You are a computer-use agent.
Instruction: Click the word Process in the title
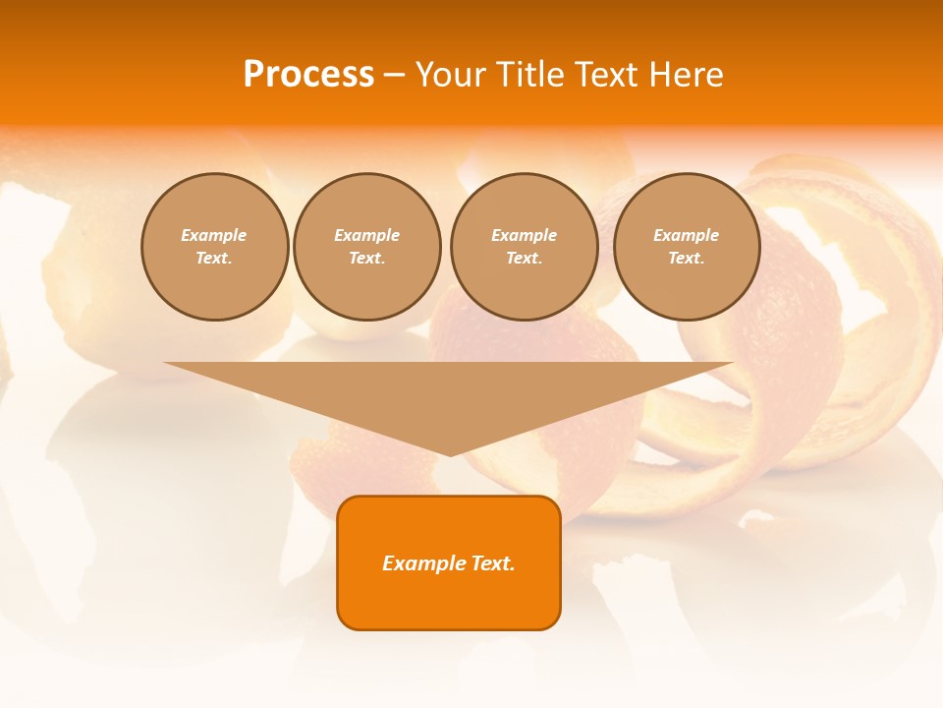[x=308, y=75]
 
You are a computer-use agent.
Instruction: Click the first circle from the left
[x=214, y=247]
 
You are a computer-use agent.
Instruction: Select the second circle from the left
[x=367, y=247]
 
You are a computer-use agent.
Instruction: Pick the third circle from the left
[x=524, y=247]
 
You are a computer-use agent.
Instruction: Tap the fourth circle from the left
[x=686, y=247]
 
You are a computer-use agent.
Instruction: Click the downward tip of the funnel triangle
[x=450, y=453]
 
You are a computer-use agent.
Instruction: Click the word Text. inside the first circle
[x=214, y=259]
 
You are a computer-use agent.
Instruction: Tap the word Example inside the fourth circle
[x=686, y=235]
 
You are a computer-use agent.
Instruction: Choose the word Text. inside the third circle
[x=524, y=259]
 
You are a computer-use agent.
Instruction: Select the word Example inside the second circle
[x=367, y=235]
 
